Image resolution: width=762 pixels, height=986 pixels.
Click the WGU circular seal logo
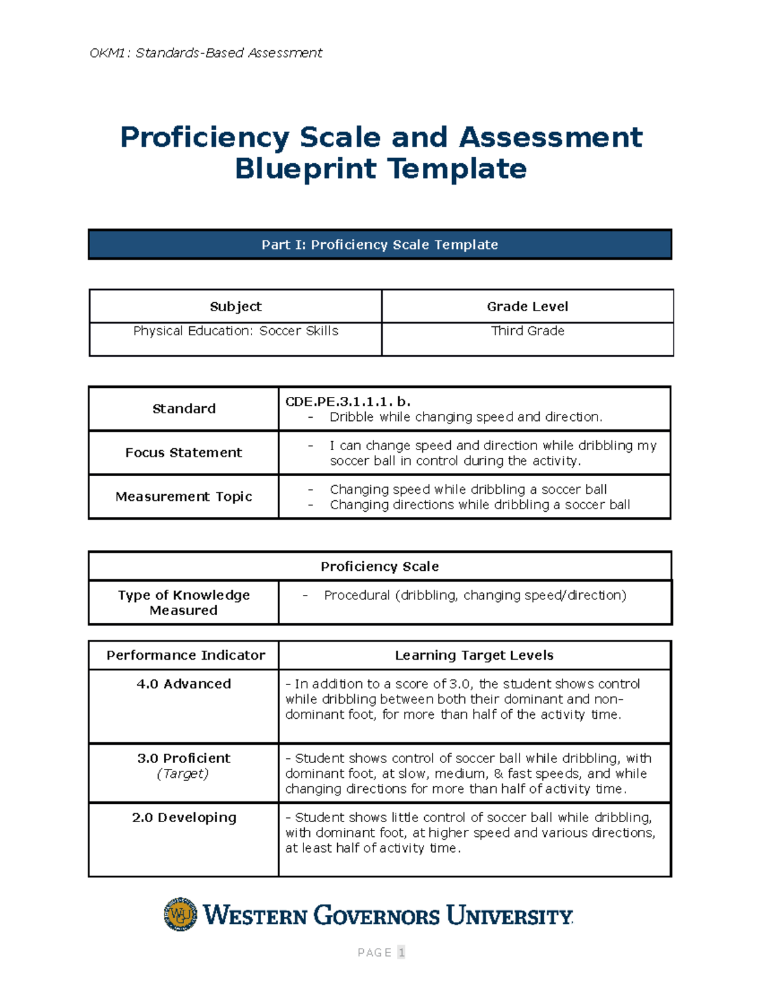pos(180,914)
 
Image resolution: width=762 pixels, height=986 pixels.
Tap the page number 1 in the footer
pos(401,952)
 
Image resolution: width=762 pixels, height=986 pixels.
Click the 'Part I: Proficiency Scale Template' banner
pos(380,244)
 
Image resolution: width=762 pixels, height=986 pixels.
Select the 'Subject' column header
pos(236,307)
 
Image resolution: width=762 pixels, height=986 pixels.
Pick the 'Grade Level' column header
pos(527,307)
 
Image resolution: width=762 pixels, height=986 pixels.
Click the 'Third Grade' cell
pos(527,331)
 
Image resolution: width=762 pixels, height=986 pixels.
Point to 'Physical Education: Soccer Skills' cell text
pos(236,331)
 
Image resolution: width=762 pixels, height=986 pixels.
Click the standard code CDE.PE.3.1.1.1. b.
pos(348,402)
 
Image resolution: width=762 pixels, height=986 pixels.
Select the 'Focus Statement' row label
pos(184,453)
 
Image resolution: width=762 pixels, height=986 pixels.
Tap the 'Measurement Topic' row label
pos(184,496)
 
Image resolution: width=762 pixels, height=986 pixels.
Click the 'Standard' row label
pos(184,409)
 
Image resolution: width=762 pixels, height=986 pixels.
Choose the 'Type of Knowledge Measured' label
pos(184,603)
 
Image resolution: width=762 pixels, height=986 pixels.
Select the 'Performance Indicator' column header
pos(185,655)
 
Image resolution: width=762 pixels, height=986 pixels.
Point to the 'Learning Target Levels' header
pos(474,655)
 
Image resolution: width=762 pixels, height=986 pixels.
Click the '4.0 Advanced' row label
pos(184,684)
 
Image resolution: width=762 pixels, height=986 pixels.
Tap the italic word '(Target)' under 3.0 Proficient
pos(183,773)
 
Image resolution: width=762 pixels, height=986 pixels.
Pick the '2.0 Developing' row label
pos(184,818)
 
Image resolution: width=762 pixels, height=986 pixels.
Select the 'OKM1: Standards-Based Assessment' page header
pos(206,53)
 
